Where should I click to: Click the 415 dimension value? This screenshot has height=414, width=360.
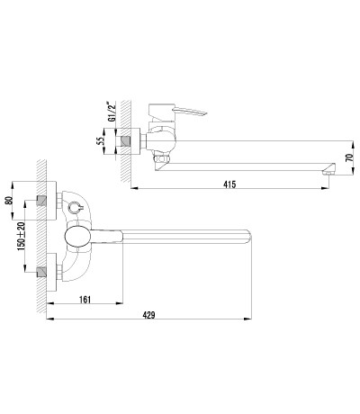point(229,184)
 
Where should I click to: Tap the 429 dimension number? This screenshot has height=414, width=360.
point(148,315)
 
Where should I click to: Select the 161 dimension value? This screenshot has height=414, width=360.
point(85,300)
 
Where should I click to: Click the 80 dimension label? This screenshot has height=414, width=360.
point(9,200)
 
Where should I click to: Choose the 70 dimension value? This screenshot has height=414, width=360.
point(348,157)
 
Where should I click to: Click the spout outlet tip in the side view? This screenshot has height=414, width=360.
point(328,172)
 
